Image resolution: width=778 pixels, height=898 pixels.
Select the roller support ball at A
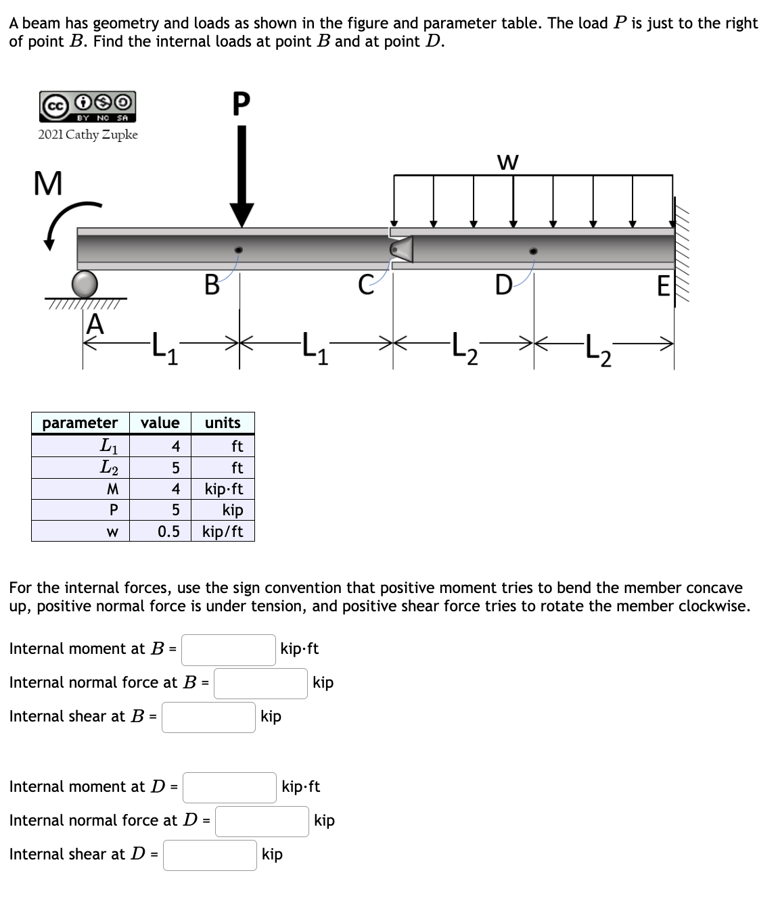coord(85,284)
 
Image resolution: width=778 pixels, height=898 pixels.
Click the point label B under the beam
coord(211,285)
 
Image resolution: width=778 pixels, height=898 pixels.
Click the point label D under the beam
coord(503,285)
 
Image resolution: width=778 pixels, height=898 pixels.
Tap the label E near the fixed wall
coord(663,287)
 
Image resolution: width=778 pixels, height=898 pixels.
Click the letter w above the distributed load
coord(507,162)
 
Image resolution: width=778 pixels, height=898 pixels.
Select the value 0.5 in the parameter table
coord(168,531)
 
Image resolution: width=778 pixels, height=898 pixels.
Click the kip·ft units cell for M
coord(223,489)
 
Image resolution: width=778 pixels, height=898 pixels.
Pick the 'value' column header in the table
coord(160,423)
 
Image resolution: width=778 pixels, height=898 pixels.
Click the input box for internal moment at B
coord(228,649)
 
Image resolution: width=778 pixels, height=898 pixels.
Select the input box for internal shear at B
coord(208,717)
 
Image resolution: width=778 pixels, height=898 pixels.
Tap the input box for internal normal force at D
coord(262,821)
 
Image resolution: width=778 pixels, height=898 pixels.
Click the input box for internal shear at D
coord(210,855)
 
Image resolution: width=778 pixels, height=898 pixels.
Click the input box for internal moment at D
coord(229,787)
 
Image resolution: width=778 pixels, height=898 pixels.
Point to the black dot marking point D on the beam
coord(534,251)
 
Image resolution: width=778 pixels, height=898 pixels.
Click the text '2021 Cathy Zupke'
coord(88,135)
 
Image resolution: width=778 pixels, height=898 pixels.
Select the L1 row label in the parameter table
coord(108,446)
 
